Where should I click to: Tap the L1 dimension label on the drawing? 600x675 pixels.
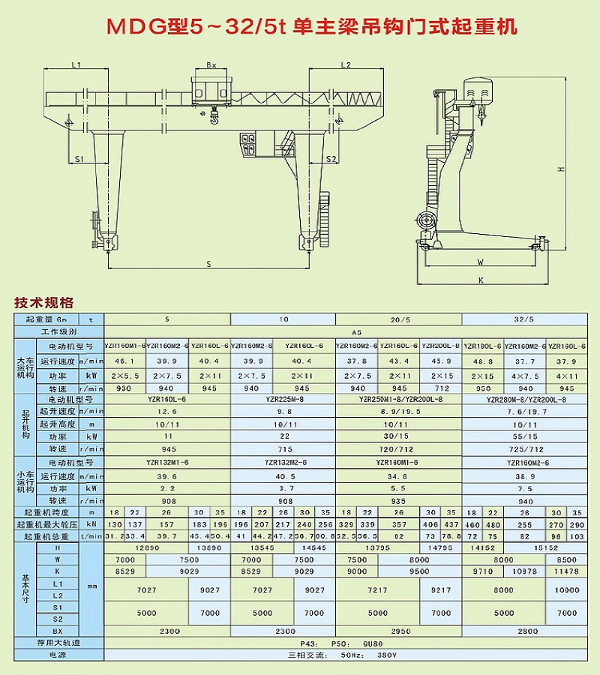[x=76, y=66]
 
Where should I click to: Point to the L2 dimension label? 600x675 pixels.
[x=346, y=66]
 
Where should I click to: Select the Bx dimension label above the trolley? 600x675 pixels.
[x=211, y=66]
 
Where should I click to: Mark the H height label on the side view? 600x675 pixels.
[x=559, y=171]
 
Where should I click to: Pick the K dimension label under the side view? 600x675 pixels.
[x=481, y=280]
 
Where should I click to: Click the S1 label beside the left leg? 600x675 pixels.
[x=79, y=159]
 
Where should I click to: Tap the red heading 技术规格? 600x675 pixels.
[x=44, y=304]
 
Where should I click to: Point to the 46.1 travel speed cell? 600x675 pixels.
[x=124, y=361]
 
